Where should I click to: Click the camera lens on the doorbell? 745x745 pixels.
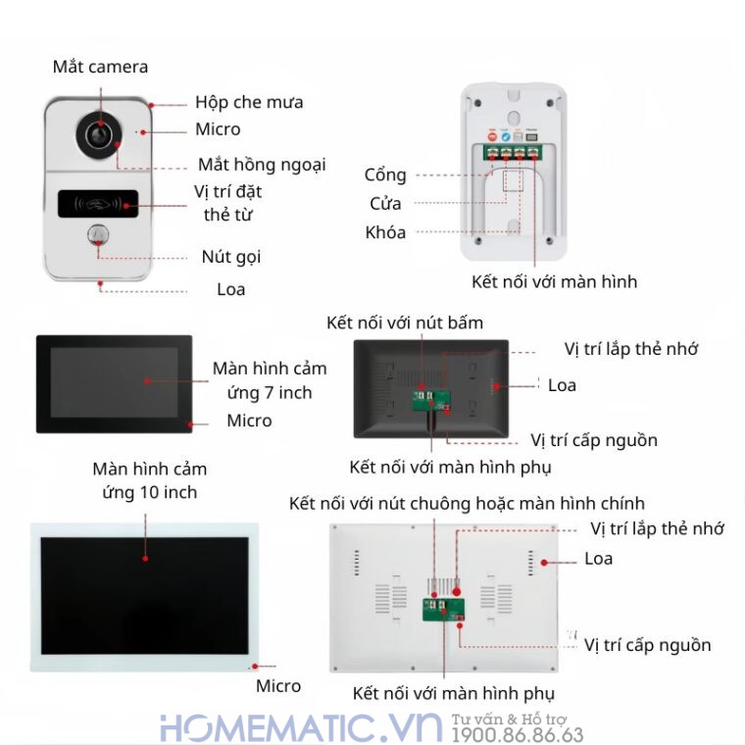pyautogui.click(x=99, y=135)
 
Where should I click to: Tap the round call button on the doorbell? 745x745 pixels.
pyautogui.click(x=98, y=234)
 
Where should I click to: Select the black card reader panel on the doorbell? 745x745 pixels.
pyautogui.click(x=98, y=204)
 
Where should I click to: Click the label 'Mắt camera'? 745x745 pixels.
pyautogui.click(x=100, y=67)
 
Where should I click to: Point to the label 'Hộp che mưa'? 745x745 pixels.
pyautogui.click(x=249, y=102)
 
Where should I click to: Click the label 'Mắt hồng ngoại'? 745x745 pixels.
pyautogui.click(x=262, y=165)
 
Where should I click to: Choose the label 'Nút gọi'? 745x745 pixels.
pyautogui.click(x=231, y=257)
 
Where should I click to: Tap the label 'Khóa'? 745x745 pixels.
pyautogui.click(x=385, y=232)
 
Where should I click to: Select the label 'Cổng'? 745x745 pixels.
pyautogui.click(x=385, y=175)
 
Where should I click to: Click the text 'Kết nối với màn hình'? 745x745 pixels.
pyautogui.click(x=554, y=281)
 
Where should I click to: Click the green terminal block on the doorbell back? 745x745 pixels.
pyautogui.click(x=513, y=153)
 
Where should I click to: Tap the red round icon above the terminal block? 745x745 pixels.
pyautogui.click(x=493, y=137)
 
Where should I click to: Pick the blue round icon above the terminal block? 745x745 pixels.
pyautogui.click(x=506, y=137)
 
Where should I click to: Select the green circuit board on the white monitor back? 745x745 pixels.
pyautogui.click(x=444, y=610)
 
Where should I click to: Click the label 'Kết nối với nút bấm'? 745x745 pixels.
pyautogui.click(x=405, y=323)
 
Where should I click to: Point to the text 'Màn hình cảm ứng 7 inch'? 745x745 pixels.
pyautogui.click(x=270, y=380)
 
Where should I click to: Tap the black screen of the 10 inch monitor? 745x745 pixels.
pyautogui.click(x=145, y=596)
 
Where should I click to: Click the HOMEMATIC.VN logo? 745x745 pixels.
pyautogui.click(x=301, y=727)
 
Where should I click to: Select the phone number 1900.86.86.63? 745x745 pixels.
pyautogui.click(x=517, y=735)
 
